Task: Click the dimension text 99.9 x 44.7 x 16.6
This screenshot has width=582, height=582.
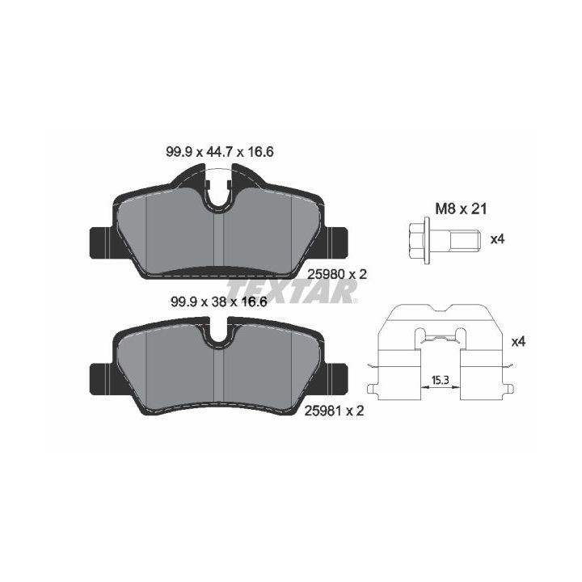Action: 219,152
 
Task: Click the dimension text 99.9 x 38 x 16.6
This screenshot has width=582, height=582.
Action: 219,302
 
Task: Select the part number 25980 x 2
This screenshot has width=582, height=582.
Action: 337,274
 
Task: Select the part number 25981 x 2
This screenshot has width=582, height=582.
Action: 334,411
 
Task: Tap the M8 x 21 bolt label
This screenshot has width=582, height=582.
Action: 461,209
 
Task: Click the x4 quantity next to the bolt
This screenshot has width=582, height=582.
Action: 497,239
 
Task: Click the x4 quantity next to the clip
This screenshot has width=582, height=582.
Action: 518,342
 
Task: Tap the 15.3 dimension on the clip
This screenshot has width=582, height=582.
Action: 441,380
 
